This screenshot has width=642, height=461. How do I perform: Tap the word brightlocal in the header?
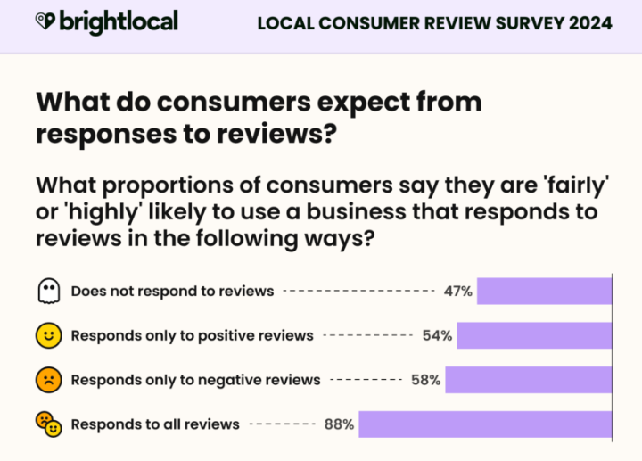pyautogui.click(x=119, y=21)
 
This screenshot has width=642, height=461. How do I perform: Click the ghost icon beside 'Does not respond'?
pyautogui.click(x=48, y=291)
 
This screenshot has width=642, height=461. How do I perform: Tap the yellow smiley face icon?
pyautogui.click(x=48, y=335)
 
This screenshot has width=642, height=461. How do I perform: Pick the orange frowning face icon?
pyautogui.click(x=48, y=380)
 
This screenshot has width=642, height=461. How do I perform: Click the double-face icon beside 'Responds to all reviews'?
pyautogui.click(x=48, y=424)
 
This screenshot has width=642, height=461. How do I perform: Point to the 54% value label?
pyautogui.click(x=437, y=335)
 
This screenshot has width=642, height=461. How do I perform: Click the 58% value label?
pyautogui.click(x=425, y=380)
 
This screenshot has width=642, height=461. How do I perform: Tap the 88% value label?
pyautogui.click(x=339, y=424)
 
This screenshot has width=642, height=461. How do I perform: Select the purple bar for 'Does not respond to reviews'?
pyautogui.click(x=544, y=291)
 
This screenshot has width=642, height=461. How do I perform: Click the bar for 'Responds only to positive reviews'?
pyautogui.click(x=534, y=335)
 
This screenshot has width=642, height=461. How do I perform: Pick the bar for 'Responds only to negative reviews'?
pyautogui.click(x=528, y=380)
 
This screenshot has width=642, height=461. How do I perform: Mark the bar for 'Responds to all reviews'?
pyautogui.click(x=485, y=424)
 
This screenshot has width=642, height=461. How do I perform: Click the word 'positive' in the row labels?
pyautogui.click(x=228, y=336)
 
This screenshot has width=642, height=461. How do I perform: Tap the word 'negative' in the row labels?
pyautogui.click(x=231, y=380)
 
